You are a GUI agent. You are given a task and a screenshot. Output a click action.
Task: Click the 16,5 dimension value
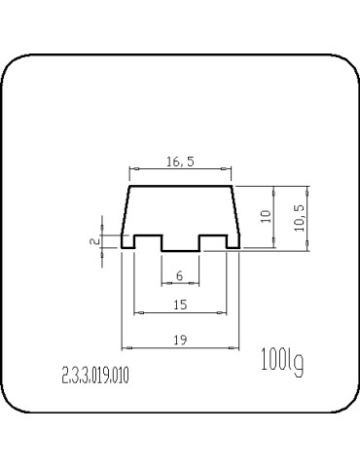[180, 162]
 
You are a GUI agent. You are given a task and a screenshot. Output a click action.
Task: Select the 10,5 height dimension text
[300, 218]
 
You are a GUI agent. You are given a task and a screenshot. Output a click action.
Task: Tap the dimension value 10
[266, 216]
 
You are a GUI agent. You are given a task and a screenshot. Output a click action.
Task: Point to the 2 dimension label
[94, 241]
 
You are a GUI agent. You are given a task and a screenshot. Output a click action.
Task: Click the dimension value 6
[180, 276]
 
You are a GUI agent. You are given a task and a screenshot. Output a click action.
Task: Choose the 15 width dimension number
[180, 305]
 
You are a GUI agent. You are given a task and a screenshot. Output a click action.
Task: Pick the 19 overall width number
[180, 340]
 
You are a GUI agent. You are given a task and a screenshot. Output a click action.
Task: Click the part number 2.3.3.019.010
[95, 376]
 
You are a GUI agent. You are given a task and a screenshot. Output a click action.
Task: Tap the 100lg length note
[282, 362]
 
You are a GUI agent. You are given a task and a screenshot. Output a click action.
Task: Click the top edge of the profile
[181, 186]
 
